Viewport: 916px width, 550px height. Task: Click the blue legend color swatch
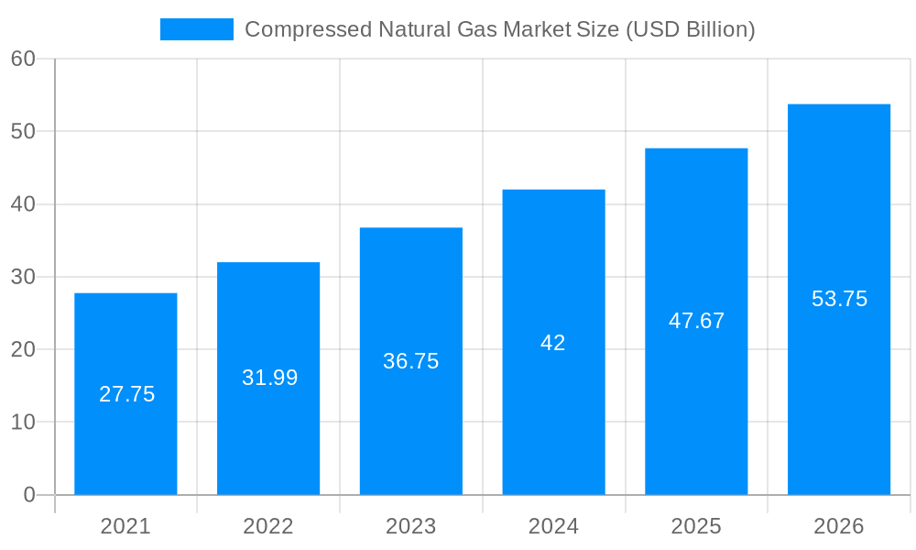click(196, 29)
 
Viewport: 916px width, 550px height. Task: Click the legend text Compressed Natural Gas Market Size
click(499, 29)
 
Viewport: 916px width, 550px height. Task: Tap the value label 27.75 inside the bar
click(126, 394)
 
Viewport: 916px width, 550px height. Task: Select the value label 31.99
click(269, 378)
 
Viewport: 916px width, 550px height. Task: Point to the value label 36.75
click(410, 361)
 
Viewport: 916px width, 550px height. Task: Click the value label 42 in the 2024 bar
click(553, 343)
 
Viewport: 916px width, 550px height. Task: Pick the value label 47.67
click(696, 321)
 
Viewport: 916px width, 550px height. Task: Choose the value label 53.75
click(839, 299)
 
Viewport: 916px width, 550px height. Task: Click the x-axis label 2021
click(125, 526)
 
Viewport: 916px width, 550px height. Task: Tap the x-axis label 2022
click(268, 526)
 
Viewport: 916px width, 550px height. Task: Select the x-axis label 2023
click(410, 526)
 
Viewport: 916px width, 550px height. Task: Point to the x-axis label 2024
click(553, 526)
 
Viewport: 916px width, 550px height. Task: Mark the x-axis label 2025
click(696, 526)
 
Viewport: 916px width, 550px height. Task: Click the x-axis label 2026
click(839, 526)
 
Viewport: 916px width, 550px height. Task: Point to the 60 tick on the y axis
click(23, 59)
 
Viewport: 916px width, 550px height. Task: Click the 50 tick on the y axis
click(23, 131)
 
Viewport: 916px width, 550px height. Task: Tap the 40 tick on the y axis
click(23, 204)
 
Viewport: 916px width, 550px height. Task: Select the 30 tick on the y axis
click(23, 277)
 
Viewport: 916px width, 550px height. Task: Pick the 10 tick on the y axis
click(23, 423)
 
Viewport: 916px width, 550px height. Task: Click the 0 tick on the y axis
click(28, 495)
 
